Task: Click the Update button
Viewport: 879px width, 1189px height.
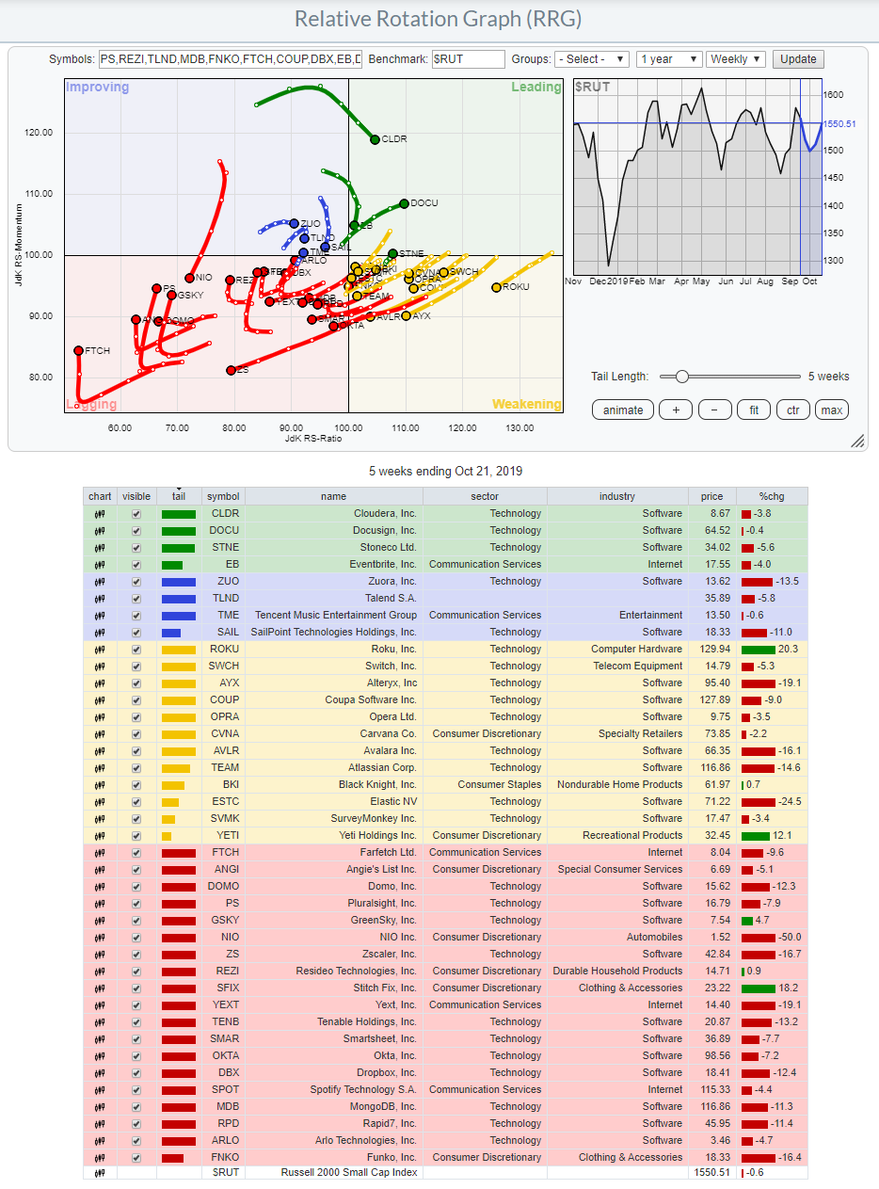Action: (x=798, y=58)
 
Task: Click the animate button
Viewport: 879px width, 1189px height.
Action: (x=623, y=410)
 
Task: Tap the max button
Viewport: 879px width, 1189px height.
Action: (x=832, y=410)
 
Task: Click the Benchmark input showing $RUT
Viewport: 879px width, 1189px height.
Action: (x=468, y=58)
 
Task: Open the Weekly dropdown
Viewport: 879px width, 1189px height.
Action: (x=735, y=58)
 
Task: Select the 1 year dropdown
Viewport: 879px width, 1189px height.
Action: (x=669, y=58)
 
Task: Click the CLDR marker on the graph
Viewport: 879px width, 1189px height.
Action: (x=375, y=139)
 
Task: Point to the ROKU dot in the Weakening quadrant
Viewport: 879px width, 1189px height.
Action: (x=496, y=287)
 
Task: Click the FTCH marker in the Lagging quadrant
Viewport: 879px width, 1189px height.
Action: (x=79, y=350)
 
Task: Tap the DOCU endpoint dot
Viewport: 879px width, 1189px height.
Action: (x=404, y=203)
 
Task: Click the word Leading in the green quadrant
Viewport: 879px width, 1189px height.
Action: (x=535, y=88)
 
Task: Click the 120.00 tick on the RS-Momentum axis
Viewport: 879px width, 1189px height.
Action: (x=39, y=133)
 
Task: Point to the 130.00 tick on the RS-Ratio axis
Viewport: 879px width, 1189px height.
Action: (x=519, y=428)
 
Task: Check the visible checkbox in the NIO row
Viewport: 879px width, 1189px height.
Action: (x=136, y=937)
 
